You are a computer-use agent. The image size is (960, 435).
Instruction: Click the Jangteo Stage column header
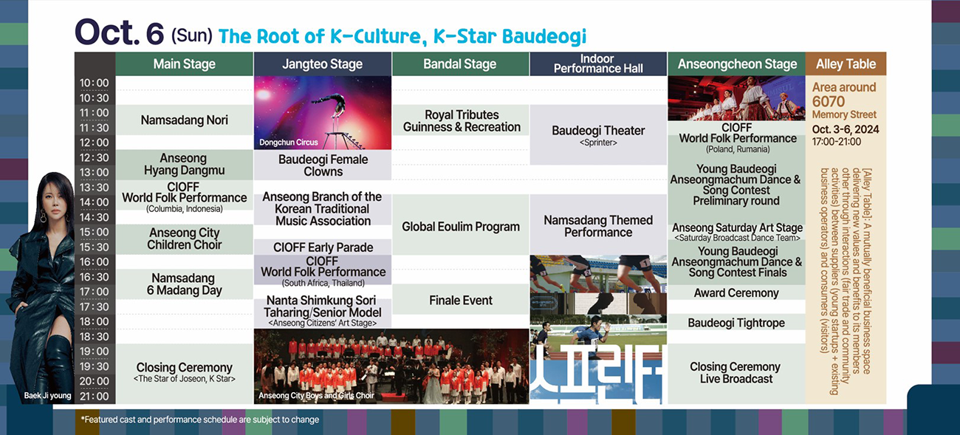click(x=322, y=64)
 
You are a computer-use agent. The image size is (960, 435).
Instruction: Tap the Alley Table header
click(x=846, y=64)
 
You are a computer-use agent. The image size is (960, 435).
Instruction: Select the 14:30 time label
click(x=95, y=217)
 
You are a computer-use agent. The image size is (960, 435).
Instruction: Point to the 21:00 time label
click(x=95, y=396)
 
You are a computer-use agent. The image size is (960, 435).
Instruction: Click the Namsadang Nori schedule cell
click(x=185, y=120)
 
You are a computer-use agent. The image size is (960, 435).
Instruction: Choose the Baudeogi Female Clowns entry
click(x=323, y=165)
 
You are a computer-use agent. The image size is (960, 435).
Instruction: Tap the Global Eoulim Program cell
click(x=461, y=226)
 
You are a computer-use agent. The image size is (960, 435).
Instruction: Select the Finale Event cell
click(x=461, y=300)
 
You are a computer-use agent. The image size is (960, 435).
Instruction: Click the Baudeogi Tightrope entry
click(x=736, y=322)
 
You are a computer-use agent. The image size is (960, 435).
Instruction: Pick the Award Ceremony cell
click(x=736, y=292)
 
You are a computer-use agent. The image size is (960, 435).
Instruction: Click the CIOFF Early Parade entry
click(x=323, y=247)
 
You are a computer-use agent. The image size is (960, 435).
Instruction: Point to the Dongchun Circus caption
click(x=289, y=143)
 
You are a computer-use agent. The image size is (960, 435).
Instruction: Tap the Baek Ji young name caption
click(x=47, y=396)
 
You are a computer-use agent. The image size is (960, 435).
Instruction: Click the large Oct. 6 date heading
click(x=120, y=32)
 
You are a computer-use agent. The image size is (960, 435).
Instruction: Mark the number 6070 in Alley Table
click(x=828, y=102)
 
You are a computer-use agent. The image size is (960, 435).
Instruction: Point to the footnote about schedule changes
click(x=199, y=419)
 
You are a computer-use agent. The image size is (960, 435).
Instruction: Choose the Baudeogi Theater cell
click(x=598, y=135)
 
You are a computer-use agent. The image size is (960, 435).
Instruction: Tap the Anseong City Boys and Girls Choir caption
click(x=316, y=396)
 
